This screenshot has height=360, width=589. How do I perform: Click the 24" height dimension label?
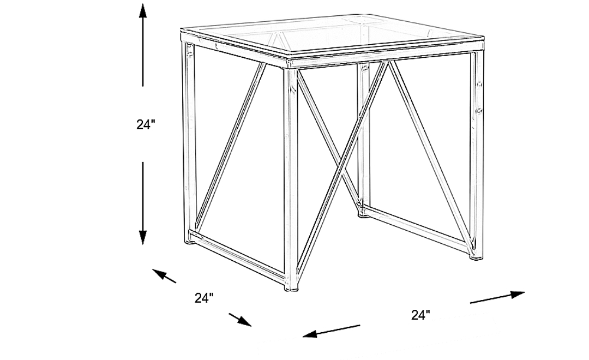tap(146, 124)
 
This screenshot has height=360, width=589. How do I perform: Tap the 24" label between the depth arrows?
tap(204, 298)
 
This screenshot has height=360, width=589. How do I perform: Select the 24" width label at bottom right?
tap(420, 314)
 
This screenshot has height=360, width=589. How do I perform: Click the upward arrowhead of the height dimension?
tap(143, 11)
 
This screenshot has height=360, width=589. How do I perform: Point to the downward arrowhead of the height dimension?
tap(143, 237)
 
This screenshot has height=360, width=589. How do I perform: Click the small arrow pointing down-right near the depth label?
tap(240, 319)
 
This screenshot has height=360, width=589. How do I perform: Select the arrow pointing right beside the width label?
tap(497, 297)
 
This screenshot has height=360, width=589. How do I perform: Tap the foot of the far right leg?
tap(477, 255)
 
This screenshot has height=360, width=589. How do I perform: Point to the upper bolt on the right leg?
tap(480, 85)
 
